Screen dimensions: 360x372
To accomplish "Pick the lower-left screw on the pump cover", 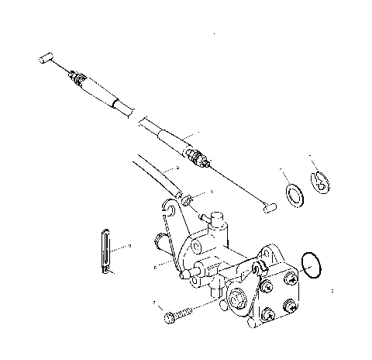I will pos(267,314).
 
